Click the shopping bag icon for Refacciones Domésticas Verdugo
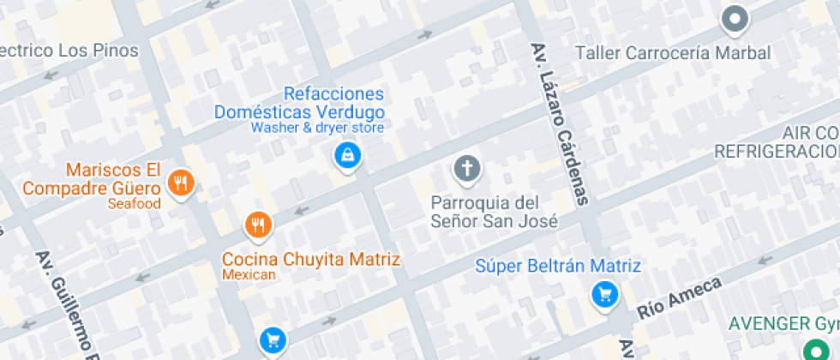346,156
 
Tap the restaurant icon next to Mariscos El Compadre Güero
181,183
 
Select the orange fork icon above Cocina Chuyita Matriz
258,225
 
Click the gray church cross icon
467,168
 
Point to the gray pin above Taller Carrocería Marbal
735,18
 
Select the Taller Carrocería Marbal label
673,53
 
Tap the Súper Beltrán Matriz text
558,267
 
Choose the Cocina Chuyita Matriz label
311,258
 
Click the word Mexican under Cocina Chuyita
249,275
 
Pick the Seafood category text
135,204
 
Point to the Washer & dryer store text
316,128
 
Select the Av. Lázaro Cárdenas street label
562,124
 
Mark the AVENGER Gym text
782,324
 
